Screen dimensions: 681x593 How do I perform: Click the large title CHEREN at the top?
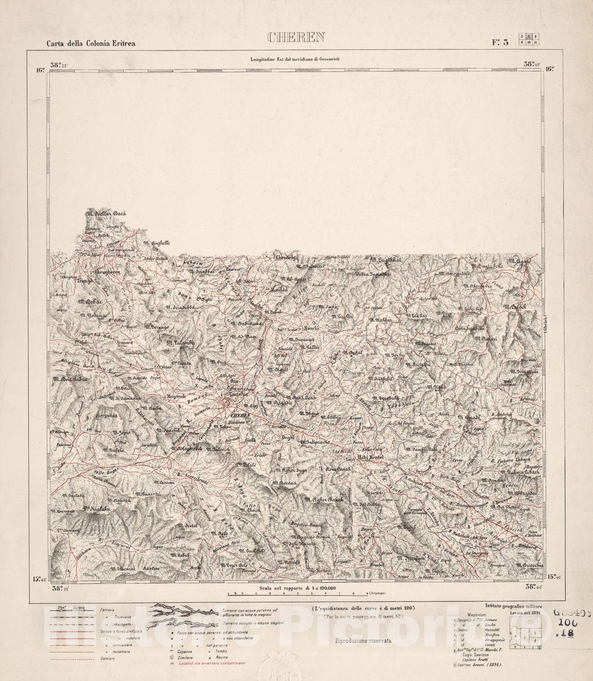click(x=296, y=37)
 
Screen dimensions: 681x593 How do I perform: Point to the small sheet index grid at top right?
click(x=529, y=39)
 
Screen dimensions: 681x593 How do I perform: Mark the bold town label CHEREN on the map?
click(x=238, y=415)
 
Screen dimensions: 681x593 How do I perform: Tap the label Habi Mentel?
click(x=371, y=457)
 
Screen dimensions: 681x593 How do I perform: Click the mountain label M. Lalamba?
click(x=180, y=342)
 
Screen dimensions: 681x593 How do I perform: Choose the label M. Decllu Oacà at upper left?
click(x=106, y=214)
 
